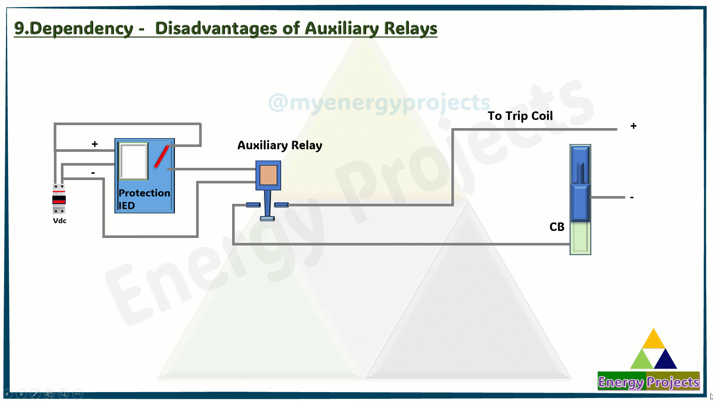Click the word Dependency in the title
click(x=81, y=29)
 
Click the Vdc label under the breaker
click(x=60, y=221)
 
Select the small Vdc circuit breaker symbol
click(x=59, y=199)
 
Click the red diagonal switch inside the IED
click(x=162, y=156)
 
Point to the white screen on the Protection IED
click(x=134, y=161)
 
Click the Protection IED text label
click(x=144, y=199)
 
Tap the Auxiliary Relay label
click(x=280, y=145)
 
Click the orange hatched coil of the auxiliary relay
click(x=268, y=175)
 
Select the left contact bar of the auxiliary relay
click(x=253, y=205)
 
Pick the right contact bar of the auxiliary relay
click(x=281, y=205)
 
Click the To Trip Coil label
click(x=520, y=116)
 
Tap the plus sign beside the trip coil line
click(x=634, y=126)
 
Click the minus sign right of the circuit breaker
click(x=632, y=198)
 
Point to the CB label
click(x=557, y=227)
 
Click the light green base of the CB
click(x=580, y=238)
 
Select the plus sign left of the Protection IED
click(x=95, y=144)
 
